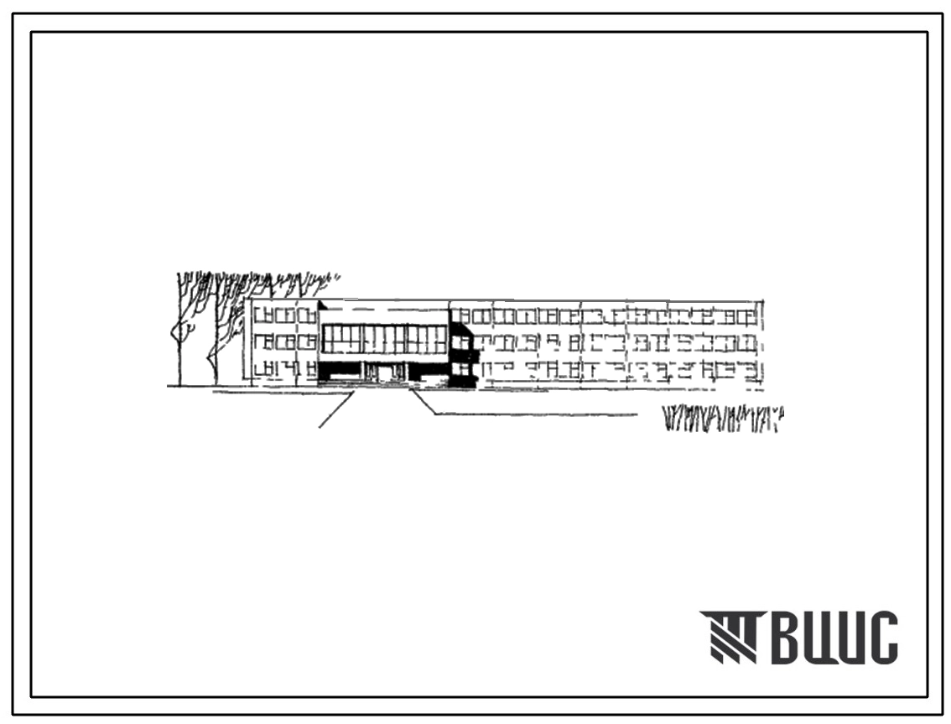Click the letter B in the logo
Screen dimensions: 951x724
[787, 638]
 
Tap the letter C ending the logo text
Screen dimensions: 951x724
[882, 638]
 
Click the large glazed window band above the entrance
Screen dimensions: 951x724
[385, 339]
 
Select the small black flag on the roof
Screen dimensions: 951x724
[321, 305]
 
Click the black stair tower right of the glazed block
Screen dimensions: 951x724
[462, 355]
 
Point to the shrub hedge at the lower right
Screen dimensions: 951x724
[723, 419]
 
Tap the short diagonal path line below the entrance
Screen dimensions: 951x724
[336, 410]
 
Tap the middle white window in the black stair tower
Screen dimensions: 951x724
[462, 343]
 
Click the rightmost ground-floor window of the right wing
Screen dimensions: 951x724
[751, 370]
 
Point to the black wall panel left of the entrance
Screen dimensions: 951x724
[340, 369]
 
